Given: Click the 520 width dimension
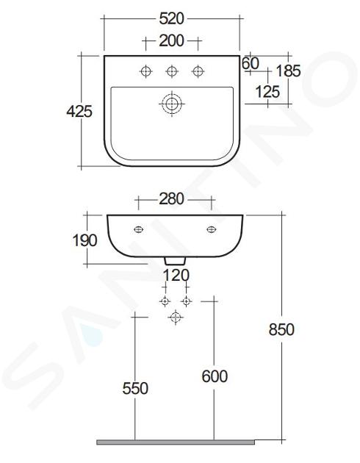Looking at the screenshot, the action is (x=171, y=18).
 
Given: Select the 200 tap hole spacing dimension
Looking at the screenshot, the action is (x=171, y=40).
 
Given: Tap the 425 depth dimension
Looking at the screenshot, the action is (x=79, y=111).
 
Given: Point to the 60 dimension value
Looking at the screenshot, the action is (x=251, y=63).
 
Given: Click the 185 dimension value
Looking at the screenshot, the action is (x=288, y=71).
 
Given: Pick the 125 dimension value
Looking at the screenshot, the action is (x=267, y=92).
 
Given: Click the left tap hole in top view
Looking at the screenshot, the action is (x=146, y=71).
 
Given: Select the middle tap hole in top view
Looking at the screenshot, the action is (x=172, y=71).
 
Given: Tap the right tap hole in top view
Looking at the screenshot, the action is (x=198, y=71).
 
